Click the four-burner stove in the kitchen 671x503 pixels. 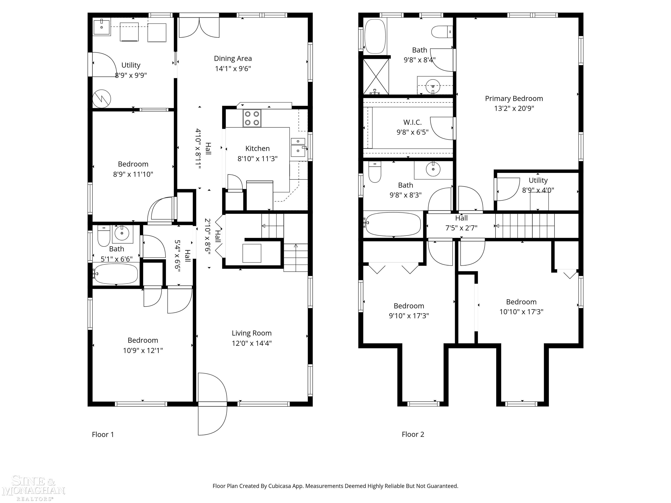point(252,118)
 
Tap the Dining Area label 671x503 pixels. point(233,59)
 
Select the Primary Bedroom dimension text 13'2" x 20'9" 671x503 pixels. point(514,108)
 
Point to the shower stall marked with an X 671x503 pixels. point(376,76)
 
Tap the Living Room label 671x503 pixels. point(251,333)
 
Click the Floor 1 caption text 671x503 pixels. point(103,434)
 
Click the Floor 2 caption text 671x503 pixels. point(413,434)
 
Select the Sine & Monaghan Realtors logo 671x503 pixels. point(33,488)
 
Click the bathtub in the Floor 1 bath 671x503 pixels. point(116,274)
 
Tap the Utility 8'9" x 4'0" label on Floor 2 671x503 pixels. point(538,185)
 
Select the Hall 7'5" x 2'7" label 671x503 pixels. point(461,223)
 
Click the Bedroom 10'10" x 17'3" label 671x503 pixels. point(521,307)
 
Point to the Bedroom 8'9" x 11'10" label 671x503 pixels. point(133,169)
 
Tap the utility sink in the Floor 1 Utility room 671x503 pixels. point(102,27)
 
